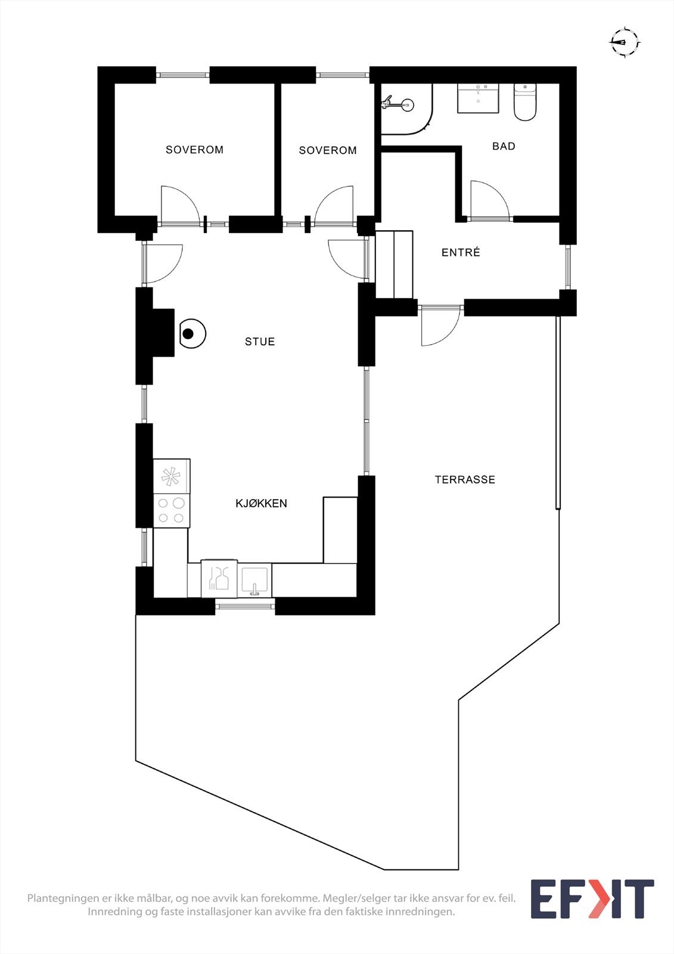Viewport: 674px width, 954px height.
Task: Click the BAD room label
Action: click(504, 146)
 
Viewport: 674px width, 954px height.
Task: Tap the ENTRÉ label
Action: click(461, 253)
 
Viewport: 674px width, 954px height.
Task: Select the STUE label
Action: click(260, 342)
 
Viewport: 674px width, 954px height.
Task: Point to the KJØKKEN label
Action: click(261, 503)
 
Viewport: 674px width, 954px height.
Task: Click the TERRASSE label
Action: click(465, 479)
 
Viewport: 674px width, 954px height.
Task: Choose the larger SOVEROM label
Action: click(194, 150)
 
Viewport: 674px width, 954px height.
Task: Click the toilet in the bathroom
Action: click(525, 103)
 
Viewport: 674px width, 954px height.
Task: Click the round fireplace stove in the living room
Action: click(191, 334)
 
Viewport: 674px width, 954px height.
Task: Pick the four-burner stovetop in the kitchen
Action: click(171, 510)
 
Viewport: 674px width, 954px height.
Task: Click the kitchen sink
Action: click(255, 581)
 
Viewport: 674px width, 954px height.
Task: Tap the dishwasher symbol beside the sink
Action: click(219, 578)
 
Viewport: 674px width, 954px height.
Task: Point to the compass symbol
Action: click(625, 42)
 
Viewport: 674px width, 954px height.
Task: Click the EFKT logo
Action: click(592, 899)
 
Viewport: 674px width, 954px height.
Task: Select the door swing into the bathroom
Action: click(489, 200)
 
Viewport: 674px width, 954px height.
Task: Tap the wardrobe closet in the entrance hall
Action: click(394, 264)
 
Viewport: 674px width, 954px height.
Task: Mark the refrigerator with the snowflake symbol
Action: click(171, 476)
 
